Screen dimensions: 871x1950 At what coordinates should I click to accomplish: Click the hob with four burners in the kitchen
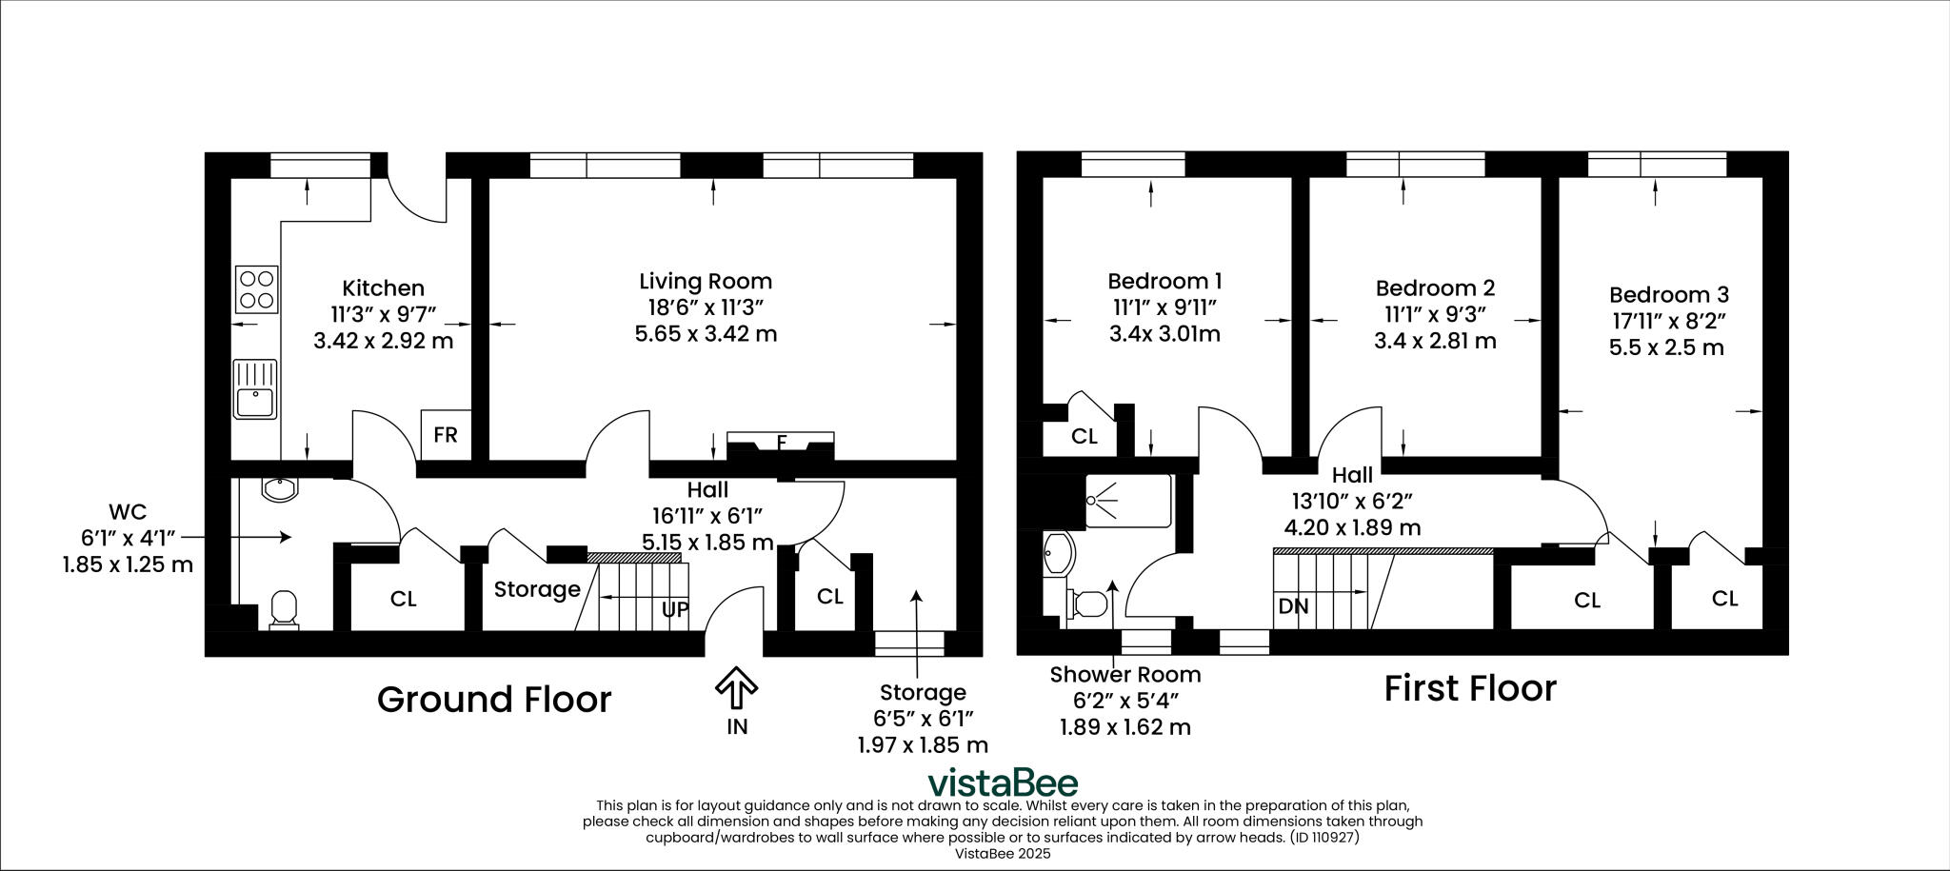257,289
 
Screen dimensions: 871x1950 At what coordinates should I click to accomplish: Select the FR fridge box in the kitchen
446,435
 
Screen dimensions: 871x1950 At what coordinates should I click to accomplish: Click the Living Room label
706,281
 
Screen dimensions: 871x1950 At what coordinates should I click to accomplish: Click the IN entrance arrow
736,689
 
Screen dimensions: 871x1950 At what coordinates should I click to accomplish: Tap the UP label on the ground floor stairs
675,609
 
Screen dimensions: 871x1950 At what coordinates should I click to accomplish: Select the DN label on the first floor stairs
1293,605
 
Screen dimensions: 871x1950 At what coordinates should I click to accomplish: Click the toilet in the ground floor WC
285,609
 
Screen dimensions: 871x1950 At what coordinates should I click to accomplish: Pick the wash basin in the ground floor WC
280,489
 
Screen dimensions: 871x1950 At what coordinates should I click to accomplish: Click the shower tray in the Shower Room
1128,500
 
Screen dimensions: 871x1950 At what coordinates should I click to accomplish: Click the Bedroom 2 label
1435,287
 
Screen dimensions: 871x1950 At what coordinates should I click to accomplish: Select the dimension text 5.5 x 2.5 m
1666,347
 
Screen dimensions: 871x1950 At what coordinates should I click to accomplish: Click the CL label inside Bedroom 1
1084,437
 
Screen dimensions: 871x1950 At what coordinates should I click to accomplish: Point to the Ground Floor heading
494,699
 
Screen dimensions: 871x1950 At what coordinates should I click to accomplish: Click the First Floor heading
1470,687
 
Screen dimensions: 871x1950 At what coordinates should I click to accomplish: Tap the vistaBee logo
1003,782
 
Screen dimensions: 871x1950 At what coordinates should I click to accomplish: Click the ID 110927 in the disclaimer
1323,839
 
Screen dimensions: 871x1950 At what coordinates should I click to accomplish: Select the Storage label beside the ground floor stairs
537,589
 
